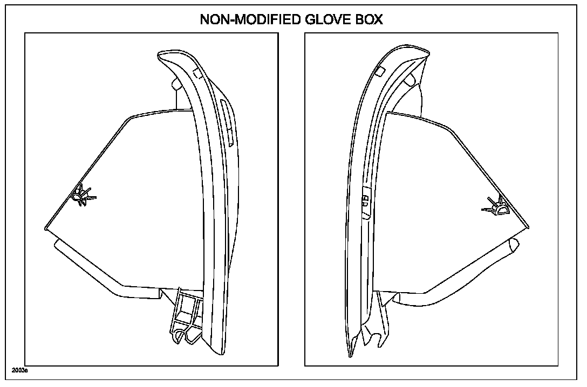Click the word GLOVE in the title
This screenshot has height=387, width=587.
[x=323, y=19]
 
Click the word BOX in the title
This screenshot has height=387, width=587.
[x=368, y=19]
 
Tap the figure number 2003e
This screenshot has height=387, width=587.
[x=20, y=371]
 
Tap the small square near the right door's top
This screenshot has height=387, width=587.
[x=380, y=72]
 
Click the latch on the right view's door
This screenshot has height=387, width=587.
[x=365, y=199]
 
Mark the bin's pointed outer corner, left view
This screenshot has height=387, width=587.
[x=46, y=229]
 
